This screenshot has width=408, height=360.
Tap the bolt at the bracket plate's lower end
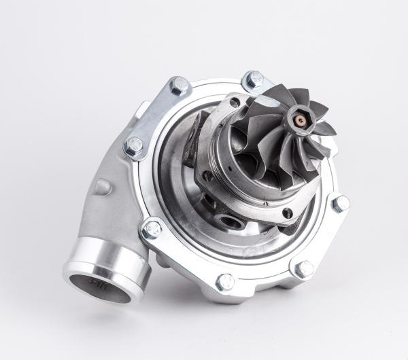click(x=135, y=145)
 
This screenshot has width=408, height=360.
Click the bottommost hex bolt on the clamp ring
click(x=225, y=281)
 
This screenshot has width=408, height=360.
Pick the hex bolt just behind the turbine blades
click(x=254, y=81)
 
